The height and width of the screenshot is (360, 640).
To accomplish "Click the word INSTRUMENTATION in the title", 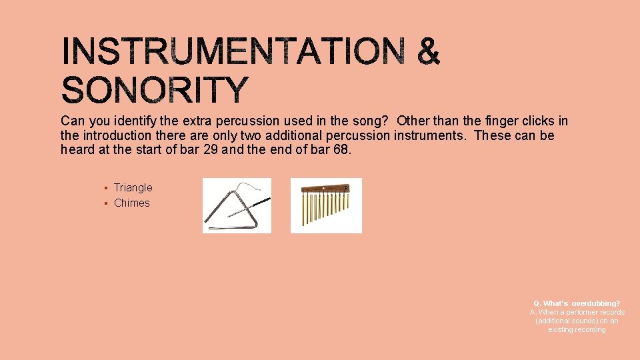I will click(233, 52).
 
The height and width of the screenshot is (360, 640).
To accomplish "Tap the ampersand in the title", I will click(429, 52).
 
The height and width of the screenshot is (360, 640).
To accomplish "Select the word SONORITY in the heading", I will click(155, 91).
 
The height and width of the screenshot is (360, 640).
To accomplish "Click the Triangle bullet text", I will click(133, 188).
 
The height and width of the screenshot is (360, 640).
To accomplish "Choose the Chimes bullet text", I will click(132, 203).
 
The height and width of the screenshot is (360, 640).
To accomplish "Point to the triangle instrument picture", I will click(237, 205).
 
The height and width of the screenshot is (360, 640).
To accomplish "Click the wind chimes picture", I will click(326, 205).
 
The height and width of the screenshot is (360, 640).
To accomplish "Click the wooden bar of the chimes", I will click(325, 189).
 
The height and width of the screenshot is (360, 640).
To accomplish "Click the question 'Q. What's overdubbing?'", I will click(577, 303).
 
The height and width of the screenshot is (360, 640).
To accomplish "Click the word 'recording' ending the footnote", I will click(577, 329).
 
